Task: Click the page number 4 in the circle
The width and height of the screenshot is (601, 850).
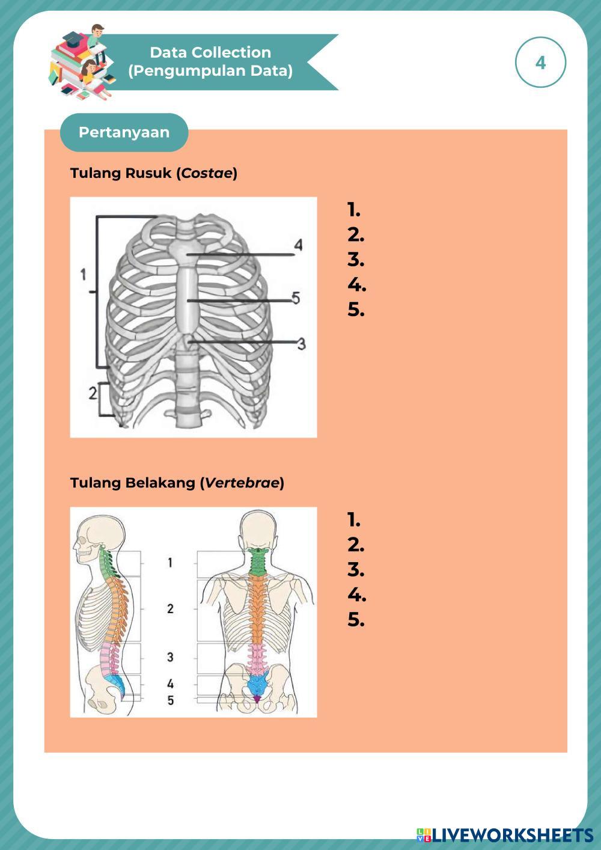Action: tap(540, 63)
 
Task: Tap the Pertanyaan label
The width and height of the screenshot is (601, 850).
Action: tap(124, 132)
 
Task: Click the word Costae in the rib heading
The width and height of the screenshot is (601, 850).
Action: tap(207, 173)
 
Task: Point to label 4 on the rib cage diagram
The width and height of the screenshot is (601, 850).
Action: tap(298, 245)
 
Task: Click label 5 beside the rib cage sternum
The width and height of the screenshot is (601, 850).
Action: tap(296, 297)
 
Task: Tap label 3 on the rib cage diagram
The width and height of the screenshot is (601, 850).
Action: tap(302, 343)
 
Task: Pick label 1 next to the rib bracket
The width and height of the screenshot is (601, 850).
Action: tap(84, 275)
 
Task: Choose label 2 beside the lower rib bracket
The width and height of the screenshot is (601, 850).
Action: tap(92, 393)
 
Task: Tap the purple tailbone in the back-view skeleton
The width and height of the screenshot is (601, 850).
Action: tap(257, 699)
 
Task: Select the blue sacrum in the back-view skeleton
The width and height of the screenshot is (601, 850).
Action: tap(258, 683)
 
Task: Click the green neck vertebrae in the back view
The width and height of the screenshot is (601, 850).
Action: tap(258, 562)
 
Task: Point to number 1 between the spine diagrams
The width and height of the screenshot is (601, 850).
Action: tap(170, 563)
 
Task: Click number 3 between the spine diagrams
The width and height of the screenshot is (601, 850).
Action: tap(170, 657)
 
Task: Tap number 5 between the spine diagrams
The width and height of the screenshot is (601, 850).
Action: tap(171, 700)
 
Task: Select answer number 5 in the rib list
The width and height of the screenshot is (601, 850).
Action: tap(356, 310)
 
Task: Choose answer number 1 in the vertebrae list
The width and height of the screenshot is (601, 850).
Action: tap(354, 520)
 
